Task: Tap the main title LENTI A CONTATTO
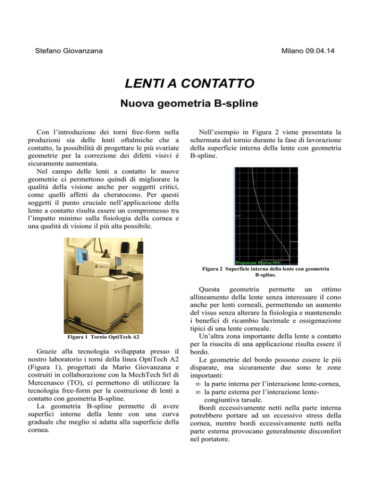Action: [185, 86]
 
